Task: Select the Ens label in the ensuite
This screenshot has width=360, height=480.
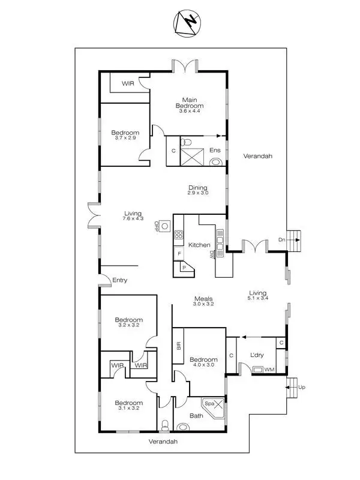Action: click(x=214, y=150)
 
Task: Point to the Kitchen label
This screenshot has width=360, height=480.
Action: click(x=199, y=245)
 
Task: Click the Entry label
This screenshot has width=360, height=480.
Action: click(x=120, y=280)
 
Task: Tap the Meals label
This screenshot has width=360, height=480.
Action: click(x=203, y=298)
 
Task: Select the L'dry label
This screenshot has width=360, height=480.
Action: click(x=257, y=355)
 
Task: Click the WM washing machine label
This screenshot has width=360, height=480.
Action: click(x=269, y=369)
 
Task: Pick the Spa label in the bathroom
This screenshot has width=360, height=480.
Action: click(x=211, y=404)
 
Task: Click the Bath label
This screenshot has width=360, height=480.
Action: click(x=196, y=415)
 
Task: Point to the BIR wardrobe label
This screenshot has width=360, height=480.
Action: click(x=178, y=346)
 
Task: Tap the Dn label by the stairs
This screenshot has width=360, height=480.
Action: click(x=282, y=240)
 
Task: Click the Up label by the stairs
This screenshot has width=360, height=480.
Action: click(x=302, y=388)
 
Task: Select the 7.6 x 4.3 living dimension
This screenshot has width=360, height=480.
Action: click(x=133, y=219)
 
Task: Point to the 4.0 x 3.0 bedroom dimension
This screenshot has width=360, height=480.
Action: click(x=202, y=364)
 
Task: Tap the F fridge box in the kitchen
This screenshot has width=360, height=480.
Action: click(x=179, y=254)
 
